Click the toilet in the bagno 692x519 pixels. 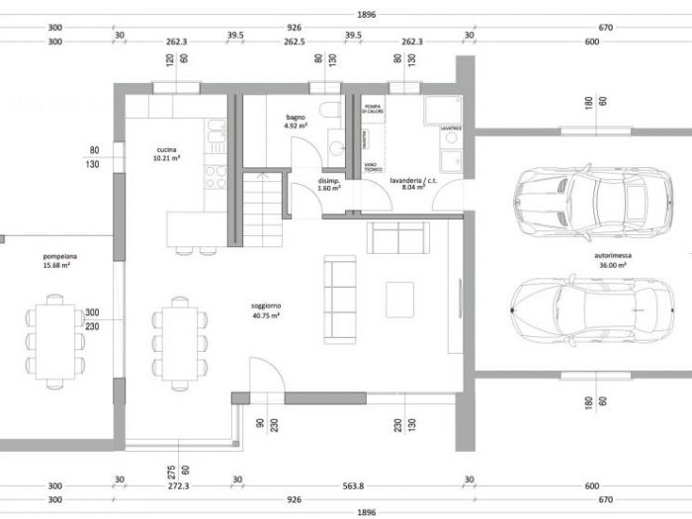(330, 111)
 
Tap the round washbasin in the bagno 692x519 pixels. (335, 148)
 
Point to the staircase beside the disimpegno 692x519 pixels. (263, 209)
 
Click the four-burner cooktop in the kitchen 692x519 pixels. (215, 177)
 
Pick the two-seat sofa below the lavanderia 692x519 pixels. (398, 238)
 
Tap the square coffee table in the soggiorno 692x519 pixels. (399, 299)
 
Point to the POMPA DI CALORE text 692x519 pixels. (373, 108)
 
